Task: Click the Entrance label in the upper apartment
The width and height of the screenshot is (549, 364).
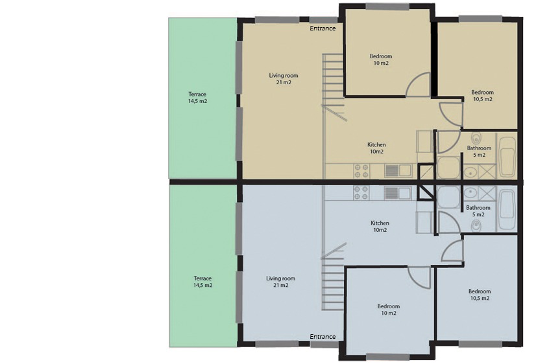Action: (323, 28)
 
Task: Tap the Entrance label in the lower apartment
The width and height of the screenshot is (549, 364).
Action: (323, 336)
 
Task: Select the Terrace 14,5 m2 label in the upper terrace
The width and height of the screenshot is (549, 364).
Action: (197, 97)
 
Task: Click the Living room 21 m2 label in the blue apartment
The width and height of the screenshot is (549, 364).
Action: (280, 282)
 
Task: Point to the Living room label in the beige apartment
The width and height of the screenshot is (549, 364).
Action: (284, 75)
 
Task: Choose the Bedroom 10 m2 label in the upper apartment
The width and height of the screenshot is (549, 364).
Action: (381, 60)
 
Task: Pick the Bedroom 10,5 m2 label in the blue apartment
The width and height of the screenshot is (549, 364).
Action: (480, 295)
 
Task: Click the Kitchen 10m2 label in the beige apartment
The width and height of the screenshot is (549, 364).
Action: (376, 148)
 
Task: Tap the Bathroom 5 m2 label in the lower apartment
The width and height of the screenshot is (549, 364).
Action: (478, 211)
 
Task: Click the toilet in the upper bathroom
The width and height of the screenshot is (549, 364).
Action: (476, 139)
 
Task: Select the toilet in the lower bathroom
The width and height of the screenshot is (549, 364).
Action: (476, 226)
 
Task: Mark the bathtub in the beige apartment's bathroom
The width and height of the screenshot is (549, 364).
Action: (507, 157)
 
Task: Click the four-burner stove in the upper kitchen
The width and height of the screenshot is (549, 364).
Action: (361, 171)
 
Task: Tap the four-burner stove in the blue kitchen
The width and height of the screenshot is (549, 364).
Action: (361, 193)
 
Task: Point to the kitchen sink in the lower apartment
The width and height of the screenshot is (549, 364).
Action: (397, 193)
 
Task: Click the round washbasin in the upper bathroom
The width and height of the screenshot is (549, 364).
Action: (470, 171)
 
